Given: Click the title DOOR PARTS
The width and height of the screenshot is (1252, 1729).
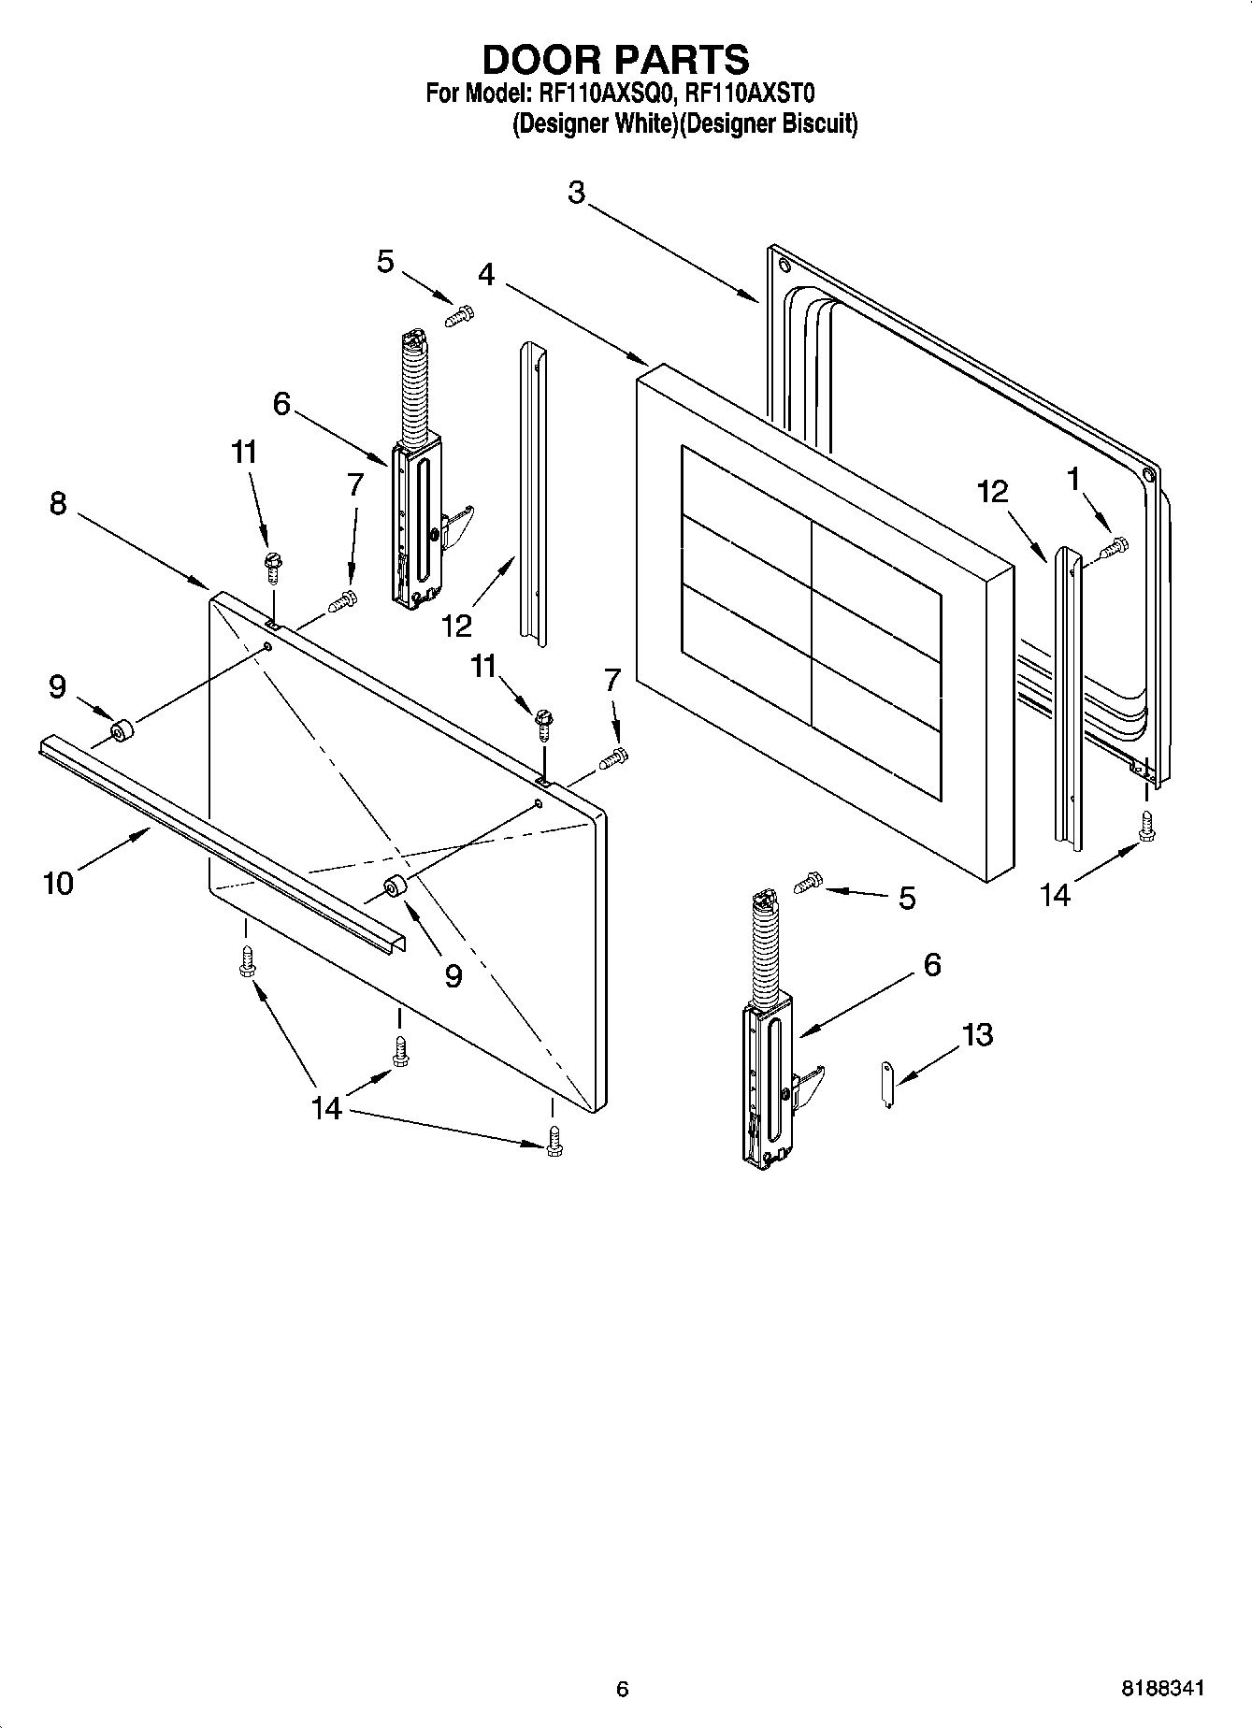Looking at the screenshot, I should pos(615,59).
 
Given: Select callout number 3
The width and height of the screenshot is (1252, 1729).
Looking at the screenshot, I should pos(576,194).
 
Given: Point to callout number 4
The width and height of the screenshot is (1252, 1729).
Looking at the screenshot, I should pos(486,274).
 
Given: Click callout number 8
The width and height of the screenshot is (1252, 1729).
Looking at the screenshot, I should pos(58,504).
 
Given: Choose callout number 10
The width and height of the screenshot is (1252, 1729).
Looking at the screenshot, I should pos(58,882).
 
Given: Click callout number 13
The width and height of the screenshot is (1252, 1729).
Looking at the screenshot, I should pos(977,1035).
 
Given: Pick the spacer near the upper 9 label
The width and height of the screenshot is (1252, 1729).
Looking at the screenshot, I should pos(121,730).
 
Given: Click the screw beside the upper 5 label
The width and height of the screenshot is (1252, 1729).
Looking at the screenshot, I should pos(459,317).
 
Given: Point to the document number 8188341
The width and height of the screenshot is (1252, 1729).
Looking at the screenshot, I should pos(1162,1689).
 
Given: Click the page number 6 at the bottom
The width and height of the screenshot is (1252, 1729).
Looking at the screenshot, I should pos(623,1689).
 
